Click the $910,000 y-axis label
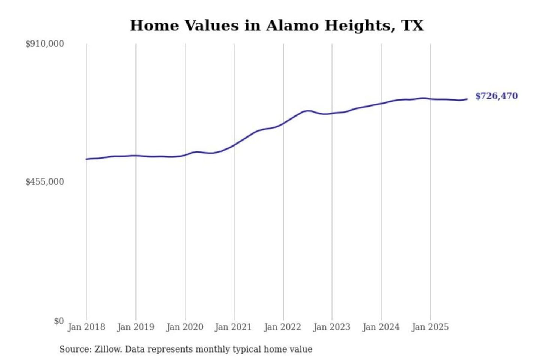44,44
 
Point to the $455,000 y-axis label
44,182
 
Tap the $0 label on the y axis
59,321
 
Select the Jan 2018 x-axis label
86,327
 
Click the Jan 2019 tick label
135,327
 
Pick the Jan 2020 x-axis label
184,327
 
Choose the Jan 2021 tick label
233,327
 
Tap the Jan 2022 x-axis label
282,327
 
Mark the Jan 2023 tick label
331,327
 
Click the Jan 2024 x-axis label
381,327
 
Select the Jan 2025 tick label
430,327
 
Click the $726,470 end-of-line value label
496,96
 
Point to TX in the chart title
412,25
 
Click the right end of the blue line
467,99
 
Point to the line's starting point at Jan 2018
87,159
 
